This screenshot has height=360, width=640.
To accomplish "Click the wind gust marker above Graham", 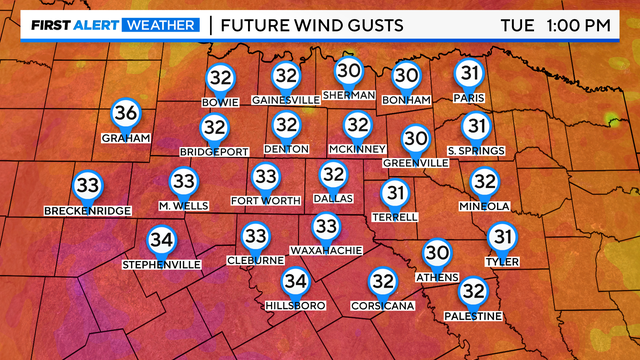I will point(126,113).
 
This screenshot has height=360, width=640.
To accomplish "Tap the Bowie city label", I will point(220,102).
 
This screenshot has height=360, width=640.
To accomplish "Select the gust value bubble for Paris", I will point(469,73).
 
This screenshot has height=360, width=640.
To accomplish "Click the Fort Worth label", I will point(265,200).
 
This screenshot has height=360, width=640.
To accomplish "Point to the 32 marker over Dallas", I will point(333,176).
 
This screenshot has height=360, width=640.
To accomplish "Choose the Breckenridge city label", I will point(88,211).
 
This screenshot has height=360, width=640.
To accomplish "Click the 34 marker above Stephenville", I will point(161,241).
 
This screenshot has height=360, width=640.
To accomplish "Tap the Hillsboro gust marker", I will point(294,282).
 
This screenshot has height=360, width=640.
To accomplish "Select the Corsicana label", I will point(382,305).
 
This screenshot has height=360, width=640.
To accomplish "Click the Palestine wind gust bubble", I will point(472,291).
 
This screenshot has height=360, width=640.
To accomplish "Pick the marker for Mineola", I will point(484,182).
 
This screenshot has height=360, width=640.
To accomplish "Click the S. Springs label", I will point(476,150).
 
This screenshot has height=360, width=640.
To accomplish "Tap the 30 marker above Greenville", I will point(415,139).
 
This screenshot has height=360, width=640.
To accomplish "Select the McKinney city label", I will point(357,149).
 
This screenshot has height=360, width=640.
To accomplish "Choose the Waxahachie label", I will point(325,250).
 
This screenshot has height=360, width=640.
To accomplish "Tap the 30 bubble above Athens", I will point(437,253).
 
